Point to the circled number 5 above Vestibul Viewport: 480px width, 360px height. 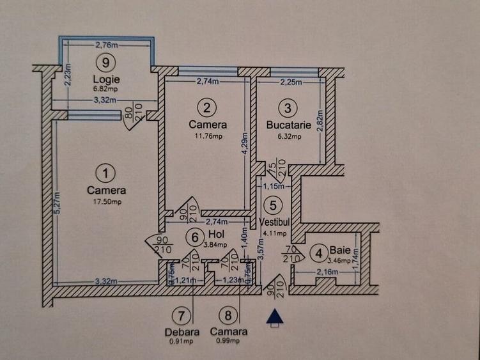[274, 206]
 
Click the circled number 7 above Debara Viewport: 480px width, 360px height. [182, 315]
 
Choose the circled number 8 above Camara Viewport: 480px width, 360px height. [228, 315]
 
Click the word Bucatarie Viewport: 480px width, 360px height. [289, 125]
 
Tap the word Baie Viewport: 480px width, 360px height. [341, 249]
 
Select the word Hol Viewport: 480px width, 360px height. [215, 234]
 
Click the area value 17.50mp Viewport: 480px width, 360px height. [106, 202]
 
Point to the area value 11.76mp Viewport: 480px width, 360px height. [208, 136]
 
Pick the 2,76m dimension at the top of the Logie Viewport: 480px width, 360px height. [107, 45]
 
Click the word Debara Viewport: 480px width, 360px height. [182, 332]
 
